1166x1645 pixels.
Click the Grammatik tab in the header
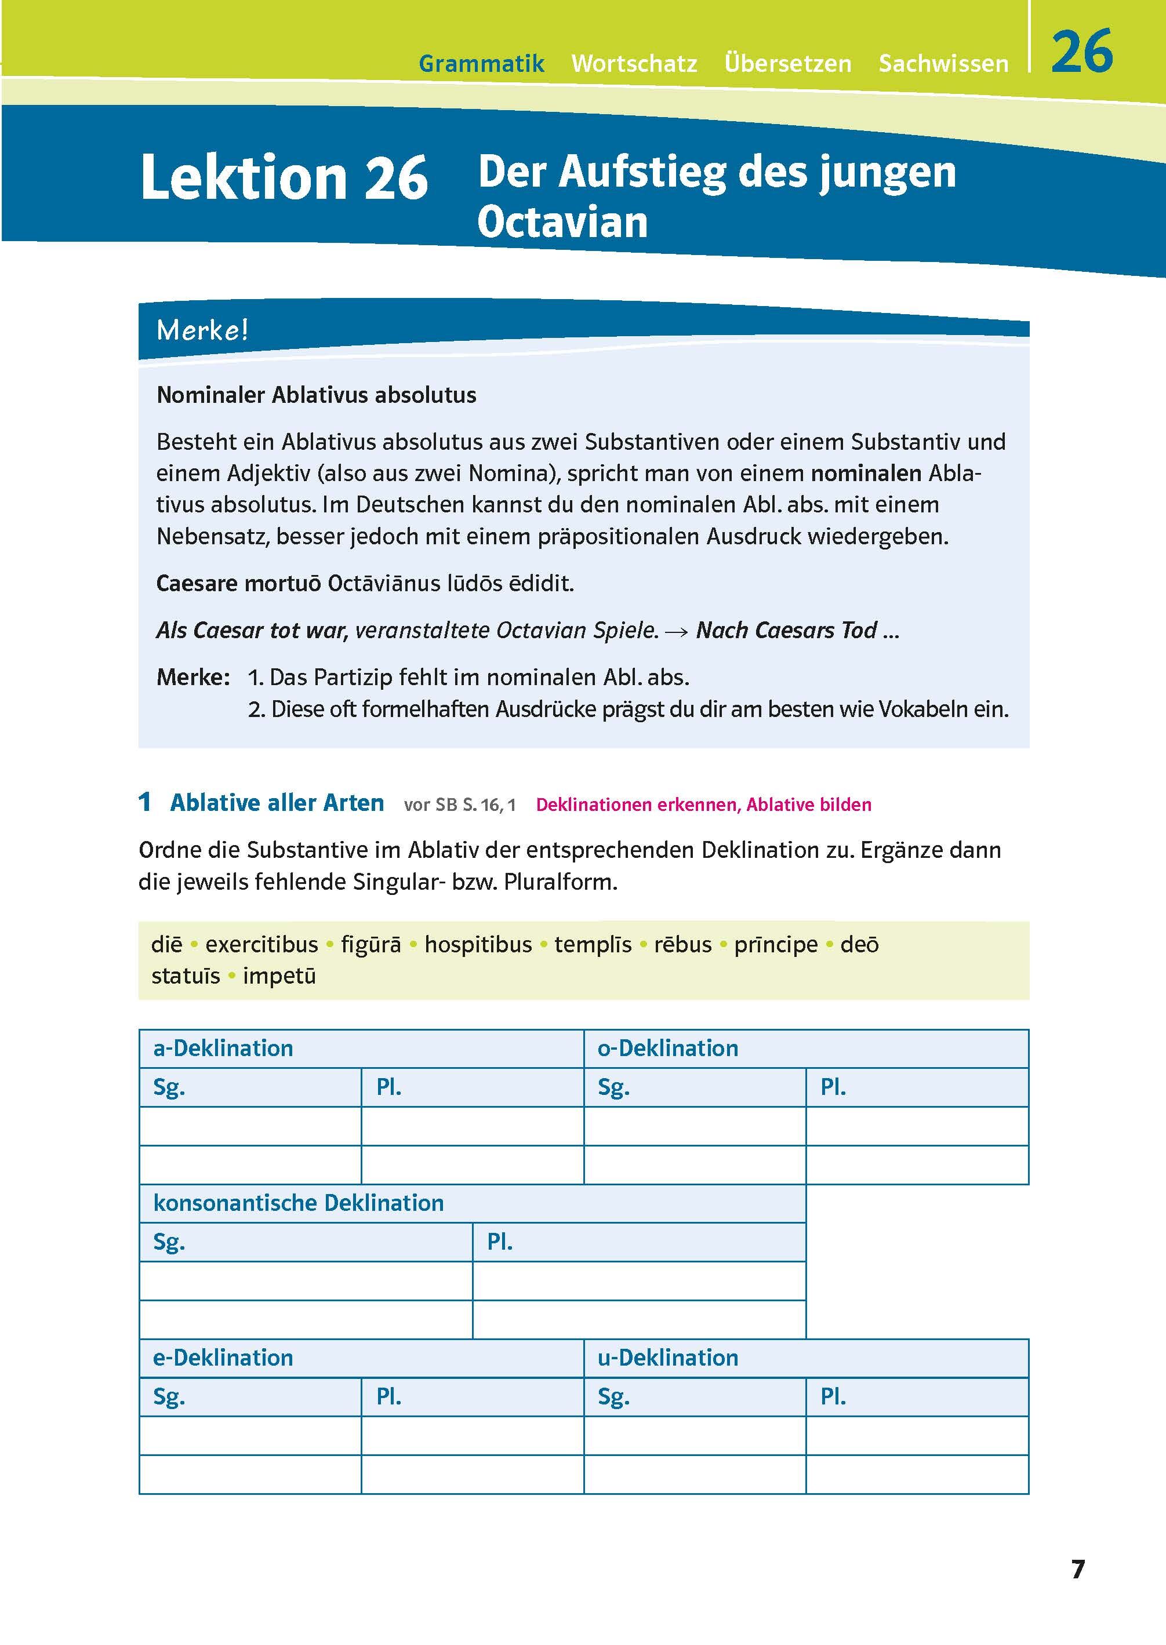[481, 64]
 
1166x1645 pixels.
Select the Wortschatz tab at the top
[634, 64]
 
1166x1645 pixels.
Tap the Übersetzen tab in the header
[787, 64]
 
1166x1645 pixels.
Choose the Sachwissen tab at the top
[943, 64]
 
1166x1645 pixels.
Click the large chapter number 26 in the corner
[1081, 52]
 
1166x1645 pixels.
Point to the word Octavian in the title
[562, 222]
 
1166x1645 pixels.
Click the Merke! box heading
[202, 330]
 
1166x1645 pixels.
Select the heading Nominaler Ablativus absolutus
[316, 395]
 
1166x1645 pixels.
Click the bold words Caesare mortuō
[238, 583]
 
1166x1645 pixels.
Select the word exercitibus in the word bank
[261, 944]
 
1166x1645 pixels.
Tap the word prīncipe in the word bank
[775, 944]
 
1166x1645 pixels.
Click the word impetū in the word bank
[279, 976]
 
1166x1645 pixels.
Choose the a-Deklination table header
[223, 1048]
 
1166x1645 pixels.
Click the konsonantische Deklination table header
[298, 1203]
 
